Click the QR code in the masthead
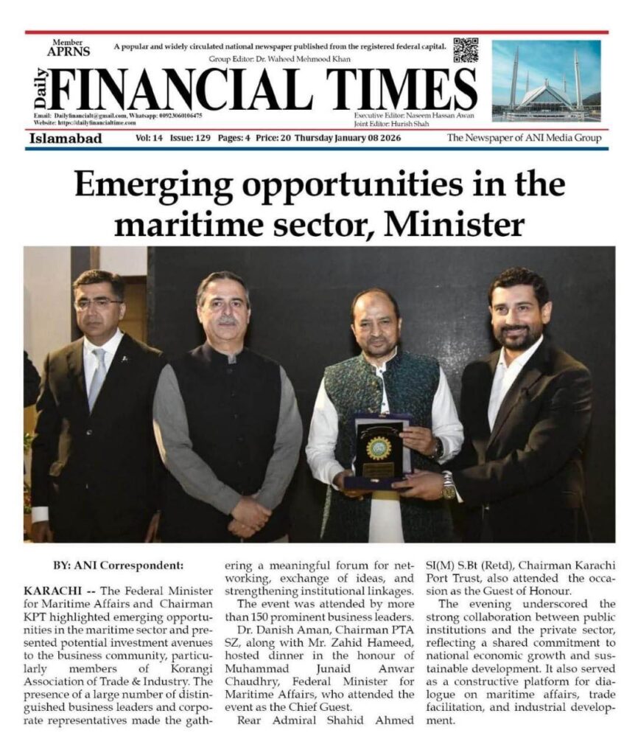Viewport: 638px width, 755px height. pyautogui.click(x=466, y=50)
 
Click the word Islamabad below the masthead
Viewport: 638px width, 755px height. pyautogui.click(x=66, y=138)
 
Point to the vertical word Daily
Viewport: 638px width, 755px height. pyautogui.click(x=41, y=89)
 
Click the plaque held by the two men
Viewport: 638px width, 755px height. pyautogui.click(x=381, y=450)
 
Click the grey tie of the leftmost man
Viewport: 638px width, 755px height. pyautogui.click(x=97, y=380)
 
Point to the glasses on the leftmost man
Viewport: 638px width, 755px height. pyautogui.click(x=99, y=303)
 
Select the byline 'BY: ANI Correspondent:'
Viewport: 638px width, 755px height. pyautogui.click(x=117, y=566)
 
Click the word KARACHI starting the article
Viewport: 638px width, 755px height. pyautogui.click(x=48, y=592)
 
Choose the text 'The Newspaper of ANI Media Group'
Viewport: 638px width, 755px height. pyautogui.click(x=524, y=138)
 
